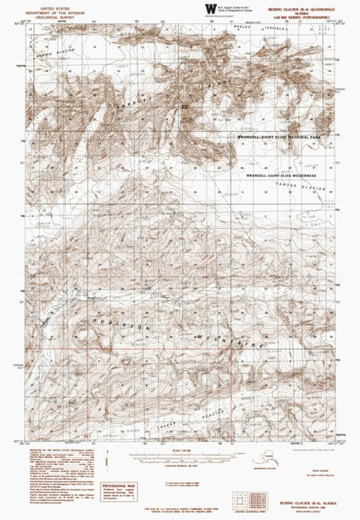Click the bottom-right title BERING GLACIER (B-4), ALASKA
tap(307, 505)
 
